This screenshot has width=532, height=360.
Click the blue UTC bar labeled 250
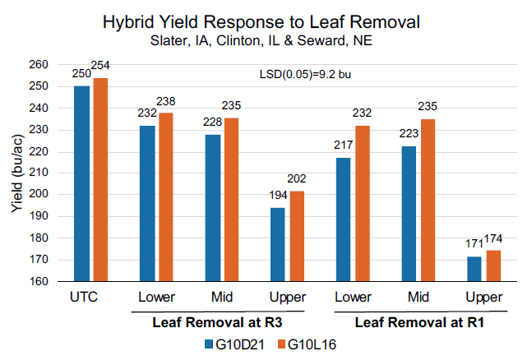81,183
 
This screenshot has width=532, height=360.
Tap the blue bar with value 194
277,244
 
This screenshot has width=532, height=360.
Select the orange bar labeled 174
493,265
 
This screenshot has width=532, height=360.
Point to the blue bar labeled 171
474,269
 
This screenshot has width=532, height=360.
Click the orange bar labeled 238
165,196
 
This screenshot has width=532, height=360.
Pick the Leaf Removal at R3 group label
217,321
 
